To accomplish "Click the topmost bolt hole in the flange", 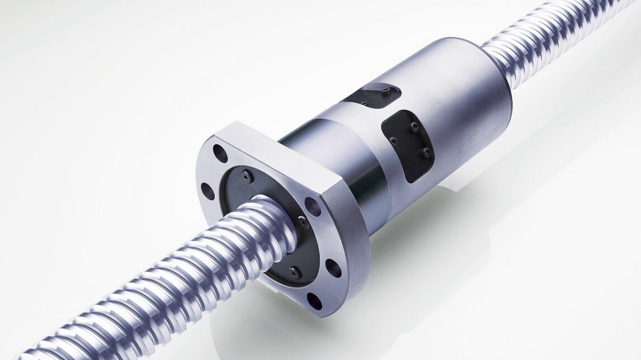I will click(219, 151).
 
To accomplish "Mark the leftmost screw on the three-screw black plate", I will click(391, 140).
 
